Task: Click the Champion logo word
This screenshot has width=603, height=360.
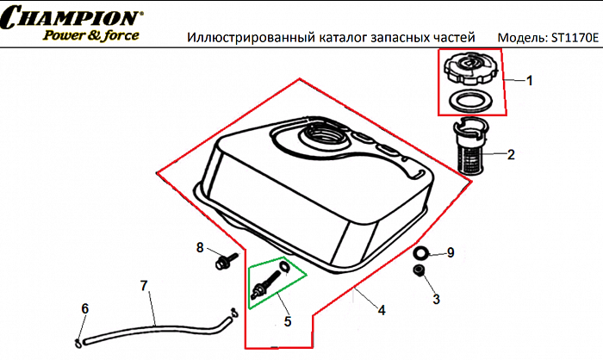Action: click(x=71, y=18)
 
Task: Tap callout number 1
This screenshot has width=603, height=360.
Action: click(x=530, y=81)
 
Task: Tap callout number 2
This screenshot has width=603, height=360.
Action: click(x=511, y=156)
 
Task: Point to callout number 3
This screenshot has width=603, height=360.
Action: click(x=436, y=299)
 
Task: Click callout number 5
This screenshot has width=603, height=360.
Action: click(x=288, y=321)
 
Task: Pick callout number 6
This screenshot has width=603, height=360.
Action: click(x=84, y=308)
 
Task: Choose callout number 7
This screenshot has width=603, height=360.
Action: click(x=144, y=284)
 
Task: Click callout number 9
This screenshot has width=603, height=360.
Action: click(x=450, y=252)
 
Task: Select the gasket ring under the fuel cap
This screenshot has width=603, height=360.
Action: click(x=469, y=100)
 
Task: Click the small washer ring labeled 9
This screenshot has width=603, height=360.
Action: click(x=421, y=253)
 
